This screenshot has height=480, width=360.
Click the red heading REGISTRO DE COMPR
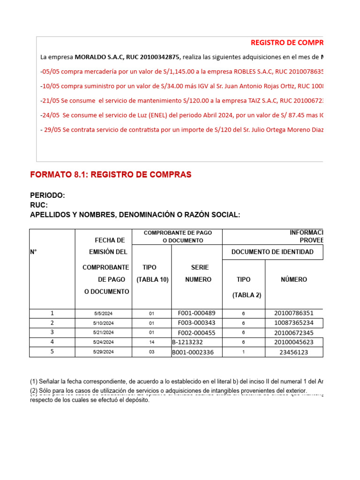pos(287,43)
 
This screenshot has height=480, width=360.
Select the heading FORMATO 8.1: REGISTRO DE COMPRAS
pos(111,175)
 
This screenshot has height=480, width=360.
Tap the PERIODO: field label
pos(47,195)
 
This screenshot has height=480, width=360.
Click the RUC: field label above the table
pos(39,205)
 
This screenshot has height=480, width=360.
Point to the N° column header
pos(33,252)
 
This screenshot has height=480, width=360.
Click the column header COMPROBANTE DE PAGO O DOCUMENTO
pos(177,237)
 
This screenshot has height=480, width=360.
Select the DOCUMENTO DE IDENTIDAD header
pos(272,252)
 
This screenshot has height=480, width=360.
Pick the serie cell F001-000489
pos(196,313)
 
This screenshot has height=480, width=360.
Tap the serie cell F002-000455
pos(196,332)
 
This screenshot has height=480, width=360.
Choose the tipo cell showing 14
pos(151,342)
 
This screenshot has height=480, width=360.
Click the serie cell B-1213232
pos(187,342)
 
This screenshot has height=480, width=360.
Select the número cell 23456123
pos(293,352)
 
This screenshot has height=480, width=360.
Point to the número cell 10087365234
pos(293,323)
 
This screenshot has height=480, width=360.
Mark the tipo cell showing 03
pos(151,352)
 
